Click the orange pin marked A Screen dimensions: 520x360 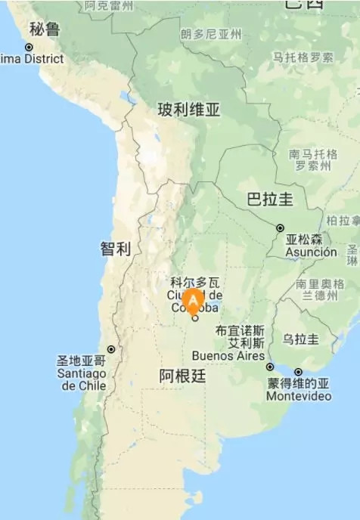(x=194, y=301)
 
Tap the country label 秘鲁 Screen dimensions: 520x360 (x=45, y=29)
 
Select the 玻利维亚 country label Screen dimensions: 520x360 (x=189, y=110)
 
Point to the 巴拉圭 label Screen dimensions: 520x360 (x=270, y=200)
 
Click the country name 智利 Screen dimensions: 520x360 (x=116, y=249)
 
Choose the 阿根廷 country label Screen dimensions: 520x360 (x=182, y=376)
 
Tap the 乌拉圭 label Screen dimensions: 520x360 (x=300, y=339)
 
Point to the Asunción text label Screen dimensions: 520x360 (x=311, y=252)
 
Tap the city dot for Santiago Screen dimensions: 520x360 (x=111, y=349)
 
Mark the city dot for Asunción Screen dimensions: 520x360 (x=280, y=227)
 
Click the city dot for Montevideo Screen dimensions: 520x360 (x=298, y=372)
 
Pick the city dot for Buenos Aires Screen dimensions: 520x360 (x=270, y=367)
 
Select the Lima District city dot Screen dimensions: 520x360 (x=29, y=47)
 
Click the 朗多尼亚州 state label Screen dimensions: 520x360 (x=211, y=34)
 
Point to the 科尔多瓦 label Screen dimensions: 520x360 (x=194, y=281)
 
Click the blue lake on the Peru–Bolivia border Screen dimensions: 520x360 (x=124, y=97)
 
